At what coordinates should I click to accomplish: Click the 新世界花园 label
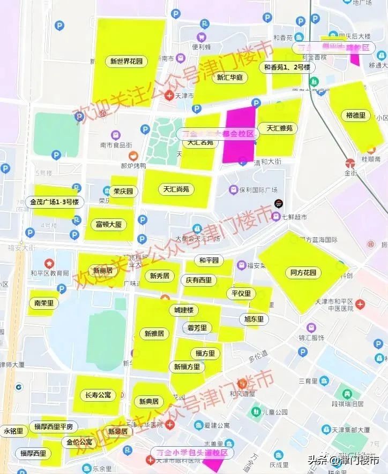pos(126,62)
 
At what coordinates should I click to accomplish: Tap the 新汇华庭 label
pos(230,77)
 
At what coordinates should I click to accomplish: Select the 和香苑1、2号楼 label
pos(287,67)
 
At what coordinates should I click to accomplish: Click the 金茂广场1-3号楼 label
pos(54,202)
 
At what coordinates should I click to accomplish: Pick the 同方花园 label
pos(303,272)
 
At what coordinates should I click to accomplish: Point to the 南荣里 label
pos(44,303)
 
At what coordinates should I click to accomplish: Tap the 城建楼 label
pos(183,310)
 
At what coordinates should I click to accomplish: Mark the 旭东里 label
pos(254,319)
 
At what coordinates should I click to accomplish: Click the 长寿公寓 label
pos(98,395)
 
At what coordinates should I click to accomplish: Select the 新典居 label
pos(149,401)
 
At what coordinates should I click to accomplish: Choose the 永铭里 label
pos(13,431)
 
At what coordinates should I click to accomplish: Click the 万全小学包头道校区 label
pos(192,453)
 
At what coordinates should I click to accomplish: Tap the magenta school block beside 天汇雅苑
pos(238,135)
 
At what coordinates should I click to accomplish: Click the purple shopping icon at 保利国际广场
pos(233,190)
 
